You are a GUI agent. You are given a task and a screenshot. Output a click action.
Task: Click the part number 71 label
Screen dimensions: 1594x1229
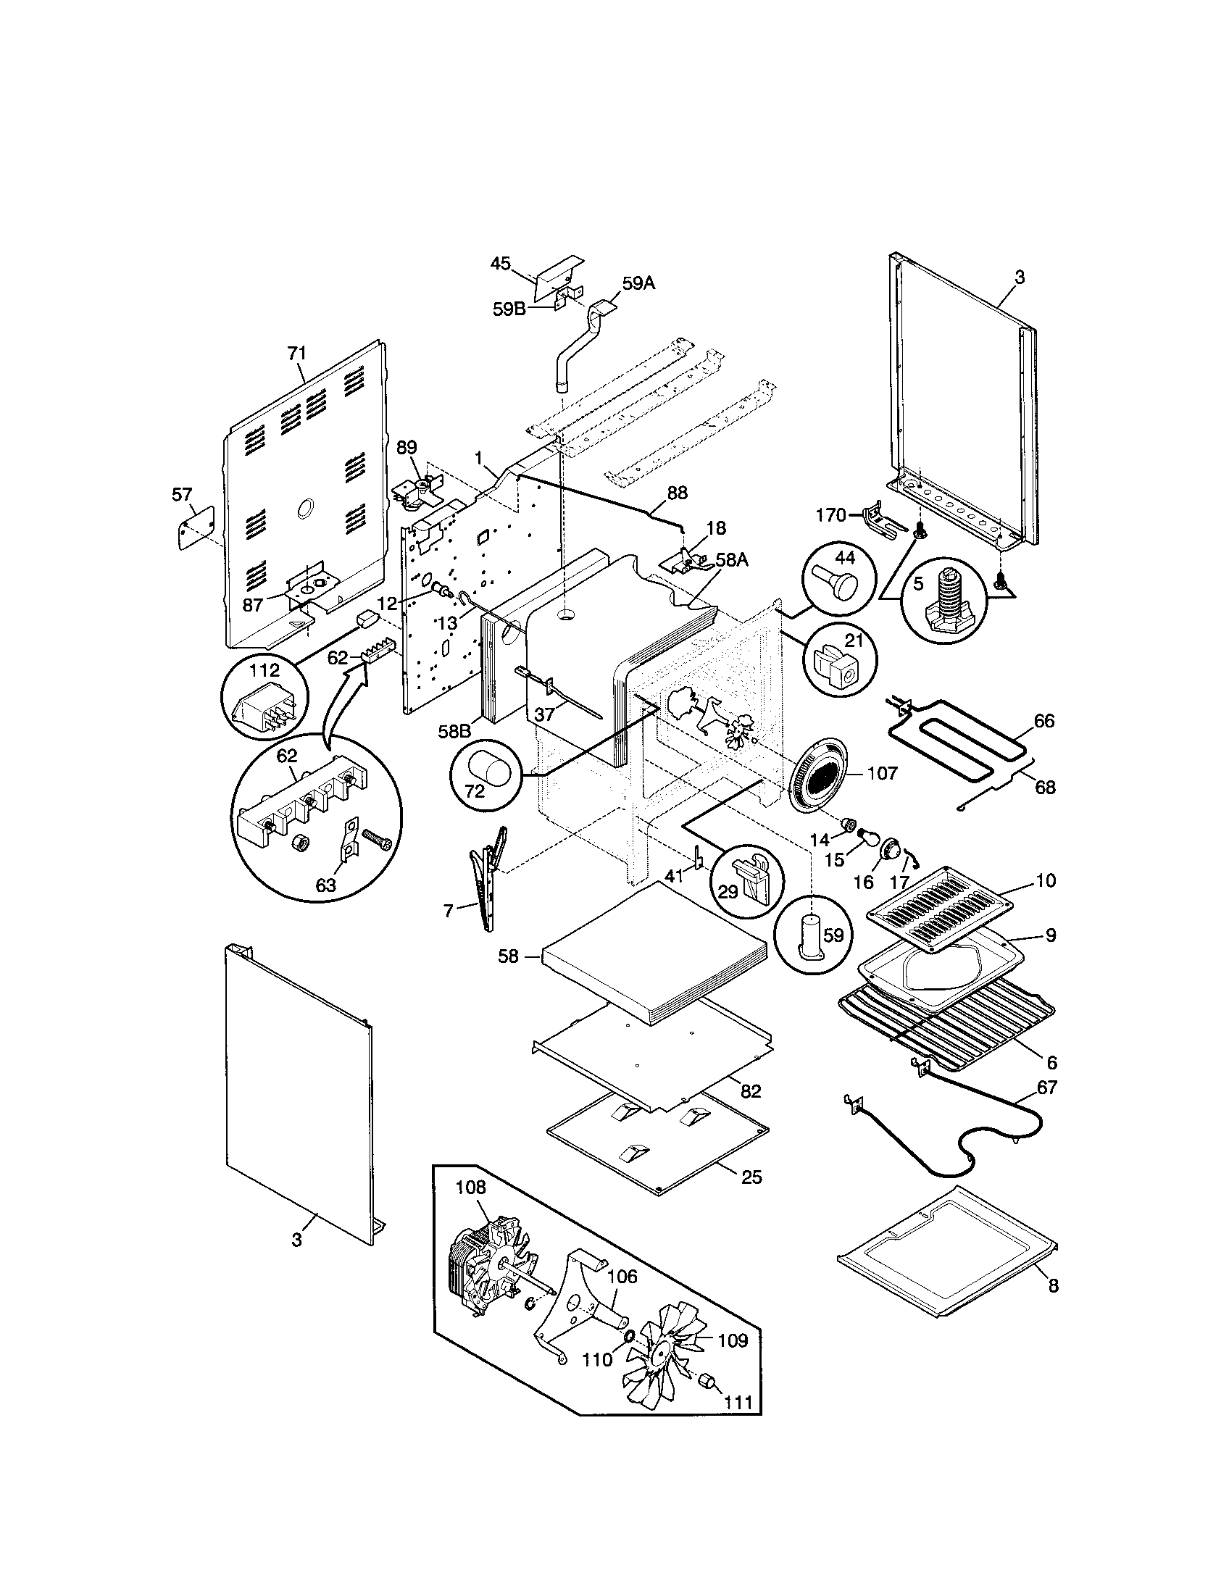coord(296,354)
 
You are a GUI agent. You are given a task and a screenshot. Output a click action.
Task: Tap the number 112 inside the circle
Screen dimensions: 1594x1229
coord(264,670)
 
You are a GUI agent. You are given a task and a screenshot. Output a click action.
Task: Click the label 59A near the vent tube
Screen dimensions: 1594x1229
coord(638,283)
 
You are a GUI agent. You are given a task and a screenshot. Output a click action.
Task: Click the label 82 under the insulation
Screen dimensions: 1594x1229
coord(750,1111)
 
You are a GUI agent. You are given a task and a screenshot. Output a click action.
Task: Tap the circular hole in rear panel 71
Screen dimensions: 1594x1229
coord(307,509)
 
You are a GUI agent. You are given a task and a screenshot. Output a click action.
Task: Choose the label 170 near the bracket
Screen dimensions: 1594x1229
coord(830,515)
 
